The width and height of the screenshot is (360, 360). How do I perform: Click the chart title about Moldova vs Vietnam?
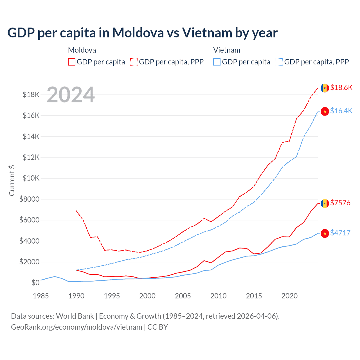point(142,33)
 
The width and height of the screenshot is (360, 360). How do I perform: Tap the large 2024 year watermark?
point(71,95)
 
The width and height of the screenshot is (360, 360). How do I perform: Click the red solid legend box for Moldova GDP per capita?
point(72,62)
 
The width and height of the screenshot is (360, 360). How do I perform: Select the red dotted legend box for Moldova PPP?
point(134,62)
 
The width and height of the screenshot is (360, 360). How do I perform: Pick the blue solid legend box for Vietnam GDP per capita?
point(217,62)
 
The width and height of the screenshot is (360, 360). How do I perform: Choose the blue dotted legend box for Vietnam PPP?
point(279,62)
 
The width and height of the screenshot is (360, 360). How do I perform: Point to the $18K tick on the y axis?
point(31,94)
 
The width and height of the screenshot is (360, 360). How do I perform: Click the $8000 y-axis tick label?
point(30,199)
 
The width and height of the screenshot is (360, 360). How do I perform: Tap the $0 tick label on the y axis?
point(35,283)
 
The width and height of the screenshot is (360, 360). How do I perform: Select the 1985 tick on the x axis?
point(41,296)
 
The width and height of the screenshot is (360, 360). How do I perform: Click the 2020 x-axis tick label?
point(289,296)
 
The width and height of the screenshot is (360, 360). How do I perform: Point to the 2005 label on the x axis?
point(183,296)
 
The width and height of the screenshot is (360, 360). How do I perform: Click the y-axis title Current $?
point(12,180)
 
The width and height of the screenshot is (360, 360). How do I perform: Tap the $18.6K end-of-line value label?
point(341,87)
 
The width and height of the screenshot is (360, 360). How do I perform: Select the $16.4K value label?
point(341,111)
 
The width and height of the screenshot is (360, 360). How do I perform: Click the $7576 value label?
point(340,203)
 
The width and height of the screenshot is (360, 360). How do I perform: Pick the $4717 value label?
point(340,233)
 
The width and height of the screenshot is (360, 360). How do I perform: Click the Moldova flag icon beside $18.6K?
point(325,88)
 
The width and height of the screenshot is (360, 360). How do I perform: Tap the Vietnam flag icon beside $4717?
point(325,233)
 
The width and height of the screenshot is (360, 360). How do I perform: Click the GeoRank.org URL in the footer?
point(76,327)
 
